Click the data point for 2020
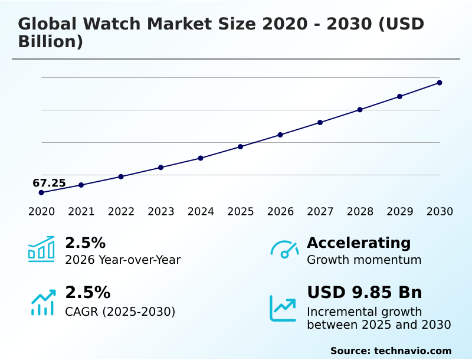coord(41,192)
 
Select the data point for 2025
coord(241,146)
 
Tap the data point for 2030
coord(440,83)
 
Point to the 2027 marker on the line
coord(320,122)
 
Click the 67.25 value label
coord(49,183)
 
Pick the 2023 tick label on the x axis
coord(161,212)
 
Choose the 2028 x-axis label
coord(360,212)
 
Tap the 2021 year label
coord(81,212)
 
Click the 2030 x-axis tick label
coord(440,212)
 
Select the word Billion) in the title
coord(50,42)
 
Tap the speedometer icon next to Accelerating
coord(284,249)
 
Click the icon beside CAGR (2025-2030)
coord(42,302)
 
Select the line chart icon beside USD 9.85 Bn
coord(283,307)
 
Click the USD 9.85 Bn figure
coord(365,293)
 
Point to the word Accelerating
coord(359,243)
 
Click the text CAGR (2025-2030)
coord(120,312)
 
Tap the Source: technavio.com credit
coord(391,351)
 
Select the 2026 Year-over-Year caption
coord(123,260)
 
